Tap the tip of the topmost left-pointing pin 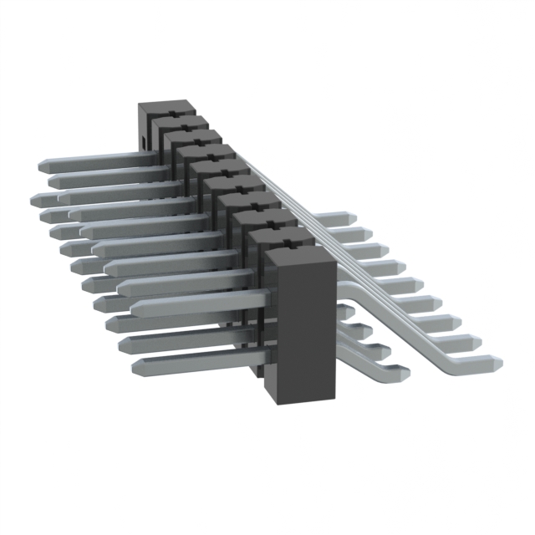(x=43, y=166)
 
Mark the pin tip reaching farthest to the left (x=35, y=200)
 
